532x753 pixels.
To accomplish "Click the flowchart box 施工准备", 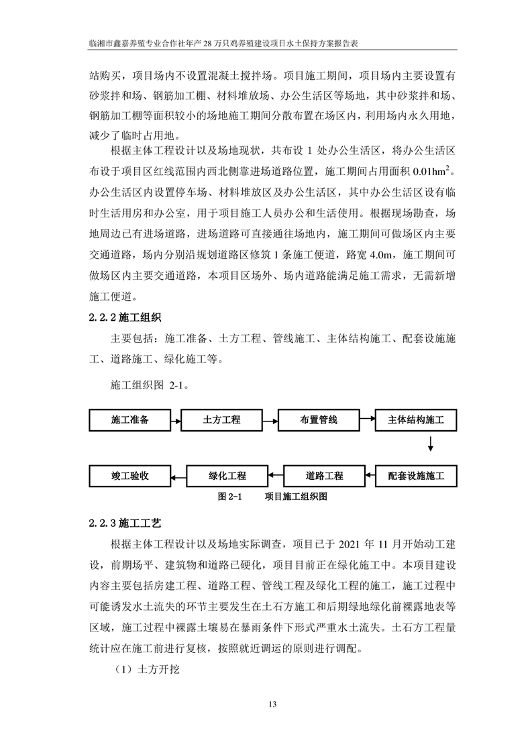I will pos(129,421).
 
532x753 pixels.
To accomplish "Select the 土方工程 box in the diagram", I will pos(221,421).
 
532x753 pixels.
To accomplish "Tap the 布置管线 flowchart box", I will pos(319,421).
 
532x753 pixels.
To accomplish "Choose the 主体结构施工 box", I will pos(416,421).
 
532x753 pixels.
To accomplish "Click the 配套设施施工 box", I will pos(416,476).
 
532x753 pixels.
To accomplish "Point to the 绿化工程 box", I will pos(227,476).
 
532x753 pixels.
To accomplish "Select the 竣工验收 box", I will pos(129,476).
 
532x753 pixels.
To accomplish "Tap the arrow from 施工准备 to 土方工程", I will pos(176,421).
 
